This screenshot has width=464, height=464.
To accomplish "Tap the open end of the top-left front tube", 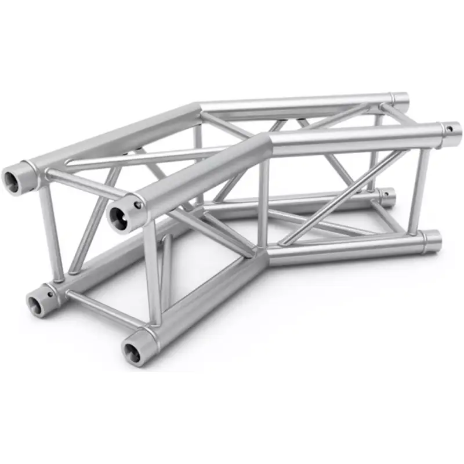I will click(x=119, y=215).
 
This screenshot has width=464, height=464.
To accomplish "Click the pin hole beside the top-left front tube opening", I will click(x=137, y=205).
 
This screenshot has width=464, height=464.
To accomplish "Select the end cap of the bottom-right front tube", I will click(x=432, y=240).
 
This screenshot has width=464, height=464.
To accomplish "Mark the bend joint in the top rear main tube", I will click(x=197, y=107).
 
